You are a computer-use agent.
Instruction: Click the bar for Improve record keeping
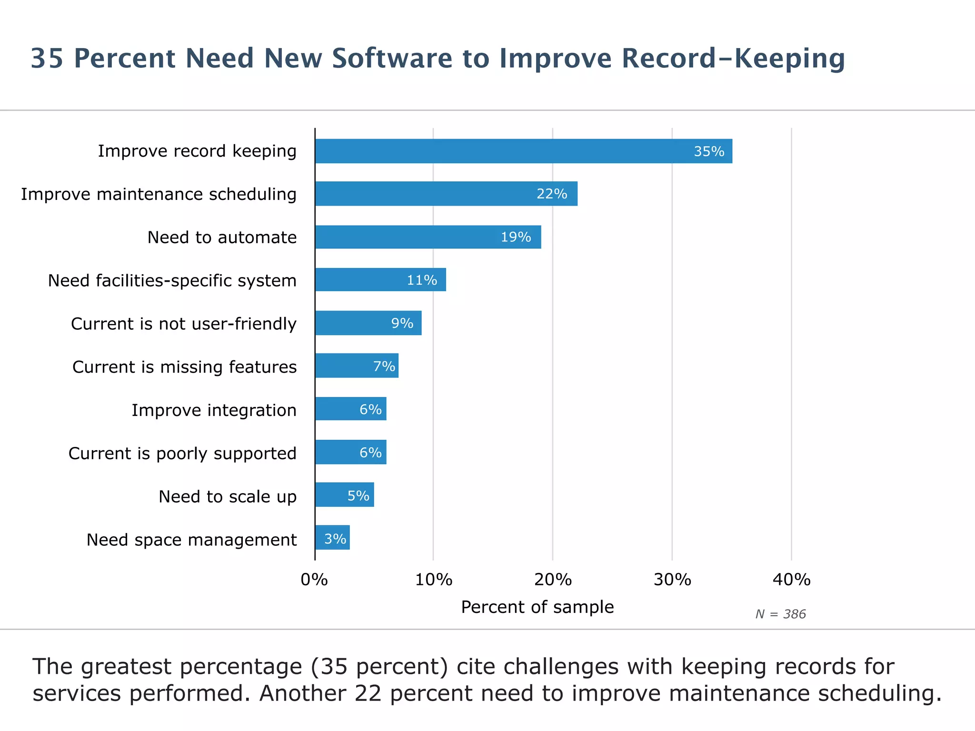pos(524,151)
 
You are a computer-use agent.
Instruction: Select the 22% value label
pos(552,194)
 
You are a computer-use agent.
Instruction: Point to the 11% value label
pos(422,280)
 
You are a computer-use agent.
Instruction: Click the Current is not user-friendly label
pos(184,324)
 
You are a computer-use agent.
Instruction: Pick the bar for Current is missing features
pos(357,365)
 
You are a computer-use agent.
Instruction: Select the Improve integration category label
pos(214,410)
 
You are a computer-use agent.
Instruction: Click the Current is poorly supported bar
pos(350,452)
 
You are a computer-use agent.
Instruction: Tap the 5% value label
pos(358,496)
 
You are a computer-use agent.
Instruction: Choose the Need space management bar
pos(332,538)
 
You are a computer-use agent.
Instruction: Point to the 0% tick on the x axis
pos(314,580)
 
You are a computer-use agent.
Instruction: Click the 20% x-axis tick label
pos(553,580)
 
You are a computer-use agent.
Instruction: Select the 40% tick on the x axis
pos(791,580)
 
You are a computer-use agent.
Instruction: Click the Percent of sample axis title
pos(537,607)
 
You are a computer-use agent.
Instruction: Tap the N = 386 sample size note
pos(780,614)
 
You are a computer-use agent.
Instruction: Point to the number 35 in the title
pos(47,59)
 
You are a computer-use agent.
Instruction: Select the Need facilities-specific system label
pos(172,280)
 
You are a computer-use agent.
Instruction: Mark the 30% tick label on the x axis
pos(672,580)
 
